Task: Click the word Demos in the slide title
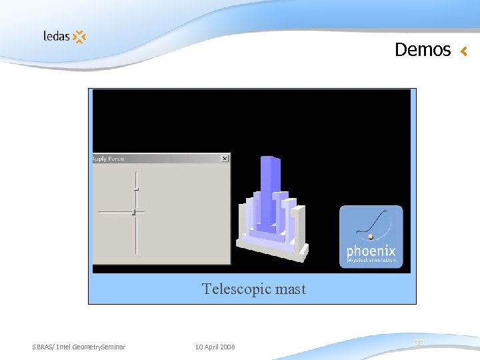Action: click(x=423, y=50)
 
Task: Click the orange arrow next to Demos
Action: click(x=464, y=51)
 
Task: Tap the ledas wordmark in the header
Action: click(x=56, y=35)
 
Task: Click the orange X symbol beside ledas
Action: click(x=79, y=37)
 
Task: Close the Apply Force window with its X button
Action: click(x=224, y=159)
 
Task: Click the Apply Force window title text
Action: click(x=109, y=159)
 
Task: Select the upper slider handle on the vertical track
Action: click(x=136, y=190)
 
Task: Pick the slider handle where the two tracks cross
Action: click(x=134, y=212)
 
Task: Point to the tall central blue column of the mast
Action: click(x=269, y=193)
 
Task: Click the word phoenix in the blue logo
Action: click(x=371, y=252)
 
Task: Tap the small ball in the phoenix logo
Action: click(x=371, y=236)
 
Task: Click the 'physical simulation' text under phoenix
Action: click(x=371, y=261)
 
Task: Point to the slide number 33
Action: click(x=419, y=343)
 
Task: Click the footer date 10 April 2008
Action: click(x=215, y=347)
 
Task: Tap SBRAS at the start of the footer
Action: click(x=41, y=347)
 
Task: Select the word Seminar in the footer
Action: click(x=111, y=347)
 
